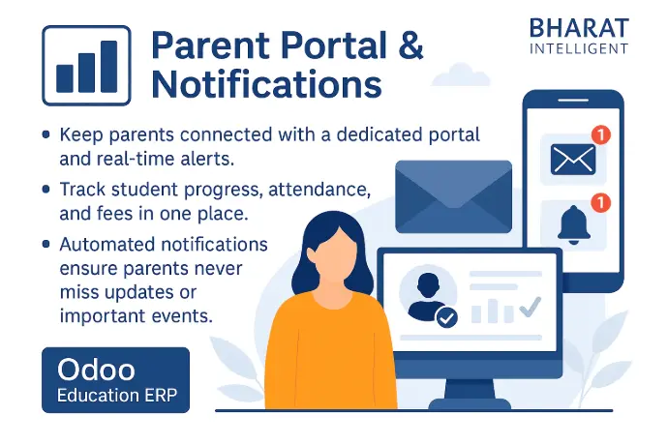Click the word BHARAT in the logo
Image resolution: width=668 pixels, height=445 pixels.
point(579,28)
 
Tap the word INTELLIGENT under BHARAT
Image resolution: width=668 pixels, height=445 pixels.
point(579,49)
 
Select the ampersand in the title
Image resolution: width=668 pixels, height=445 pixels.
point(410,44)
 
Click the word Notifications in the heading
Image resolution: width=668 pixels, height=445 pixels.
point(266,84)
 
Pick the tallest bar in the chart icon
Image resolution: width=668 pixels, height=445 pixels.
point(109,66)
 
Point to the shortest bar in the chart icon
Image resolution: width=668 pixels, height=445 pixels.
point(64,78)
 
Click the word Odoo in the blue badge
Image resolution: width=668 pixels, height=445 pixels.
point(96,370)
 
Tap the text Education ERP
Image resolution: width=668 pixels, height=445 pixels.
point(117,395)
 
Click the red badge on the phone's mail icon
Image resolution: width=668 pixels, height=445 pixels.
point(601,135)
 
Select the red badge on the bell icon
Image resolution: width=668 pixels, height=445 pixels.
point(601,202)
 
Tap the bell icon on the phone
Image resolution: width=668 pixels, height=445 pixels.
point(574,224)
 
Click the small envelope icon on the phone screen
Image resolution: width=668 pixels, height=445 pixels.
point(573,160)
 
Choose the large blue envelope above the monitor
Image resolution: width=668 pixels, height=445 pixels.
point(454,196)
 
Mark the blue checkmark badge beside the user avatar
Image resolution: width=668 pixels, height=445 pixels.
point(446,317)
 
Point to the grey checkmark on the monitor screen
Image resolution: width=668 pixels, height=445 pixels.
point(531,306)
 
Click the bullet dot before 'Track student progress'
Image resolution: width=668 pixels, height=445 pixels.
point(46,189)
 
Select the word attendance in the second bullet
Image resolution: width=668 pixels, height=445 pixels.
point(319,190)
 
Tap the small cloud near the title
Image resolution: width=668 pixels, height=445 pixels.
point(461,74)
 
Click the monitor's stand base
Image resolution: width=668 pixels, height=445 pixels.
point(470,404)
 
